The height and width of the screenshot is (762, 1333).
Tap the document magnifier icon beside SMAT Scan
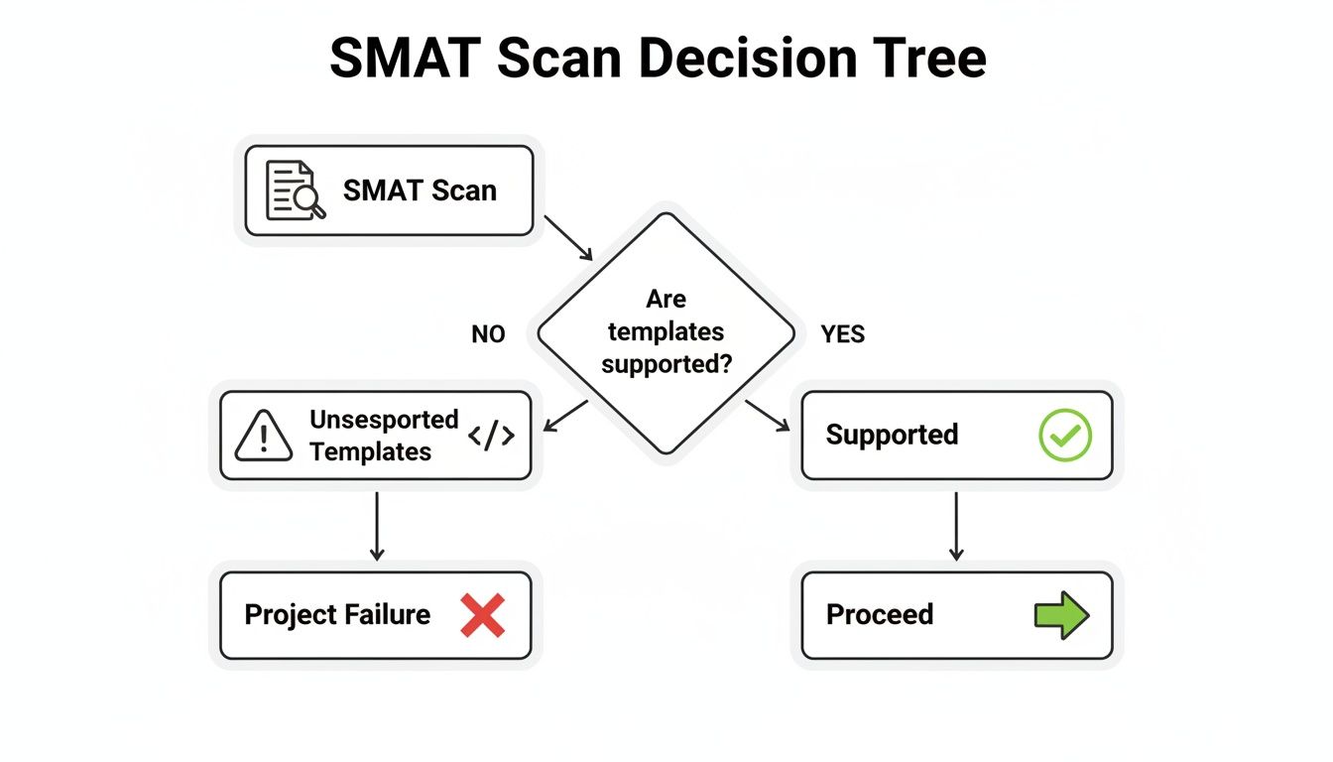(296, 190)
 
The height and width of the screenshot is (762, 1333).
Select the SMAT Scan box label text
(420, 190)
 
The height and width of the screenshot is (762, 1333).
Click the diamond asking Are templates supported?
(666, 331)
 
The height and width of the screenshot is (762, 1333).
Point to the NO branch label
(488, 335)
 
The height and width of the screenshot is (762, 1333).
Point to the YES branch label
(842, 335)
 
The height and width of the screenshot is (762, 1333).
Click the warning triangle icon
(264, 437)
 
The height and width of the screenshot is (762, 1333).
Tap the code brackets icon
(491, 436)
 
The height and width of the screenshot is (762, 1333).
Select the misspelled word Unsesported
(383, 420)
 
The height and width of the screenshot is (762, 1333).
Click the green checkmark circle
(1064, 436)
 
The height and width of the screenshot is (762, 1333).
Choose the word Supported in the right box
(892, 436)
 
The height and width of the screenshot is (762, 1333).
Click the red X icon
(483, 615)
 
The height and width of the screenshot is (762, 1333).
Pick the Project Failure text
(337, 615)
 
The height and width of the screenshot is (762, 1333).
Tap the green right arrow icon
(1061, 615)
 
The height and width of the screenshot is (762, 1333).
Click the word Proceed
(879, 615)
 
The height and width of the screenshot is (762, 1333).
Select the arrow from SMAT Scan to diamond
(569, 238)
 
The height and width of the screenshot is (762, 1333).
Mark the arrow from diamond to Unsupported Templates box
(565, 416)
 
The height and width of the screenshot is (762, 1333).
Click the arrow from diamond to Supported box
(768, 416)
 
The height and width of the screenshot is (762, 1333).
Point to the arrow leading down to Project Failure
(376, 526)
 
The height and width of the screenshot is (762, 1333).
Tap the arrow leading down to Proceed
(956, 526)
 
